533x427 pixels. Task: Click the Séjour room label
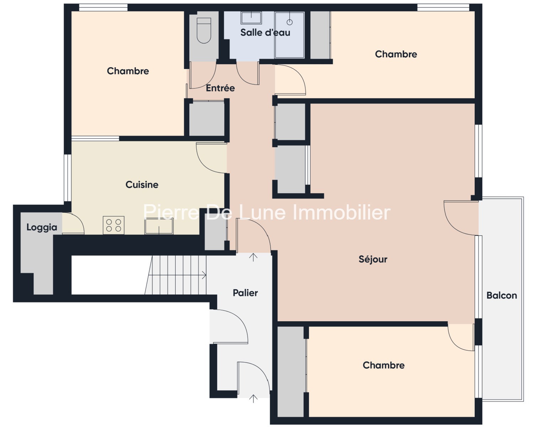[x=373, y=259]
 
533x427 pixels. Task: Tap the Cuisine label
[x=142, y=185]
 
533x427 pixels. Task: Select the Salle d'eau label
[x=265, y=32]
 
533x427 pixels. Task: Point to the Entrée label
[x=220, y=88]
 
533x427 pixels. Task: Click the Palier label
[x=245, y=293]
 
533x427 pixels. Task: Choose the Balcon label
[x=502, y=295]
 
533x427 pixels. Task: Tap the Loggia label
[x=42, y=227]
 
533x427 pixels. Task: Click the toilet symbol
[x=204, y=31]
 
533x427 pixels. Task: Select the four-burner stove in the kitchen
[x=114, y=225]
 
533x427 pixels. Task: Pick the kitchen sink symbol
[x=159, y=226]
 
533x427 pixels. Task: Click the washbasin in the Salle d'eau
[x=251, y=18]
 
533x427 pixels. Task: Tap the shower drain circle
[x=289, y=22]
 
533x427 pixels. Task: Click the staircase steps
[x=175, y=275]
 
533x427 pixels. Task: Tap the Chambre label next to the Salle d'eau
[x=396, y=54]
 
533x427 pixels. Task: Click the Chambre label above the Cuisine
[x=128, y=71]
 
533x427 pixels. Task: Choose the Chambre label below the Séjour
[x=383, y=365]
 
